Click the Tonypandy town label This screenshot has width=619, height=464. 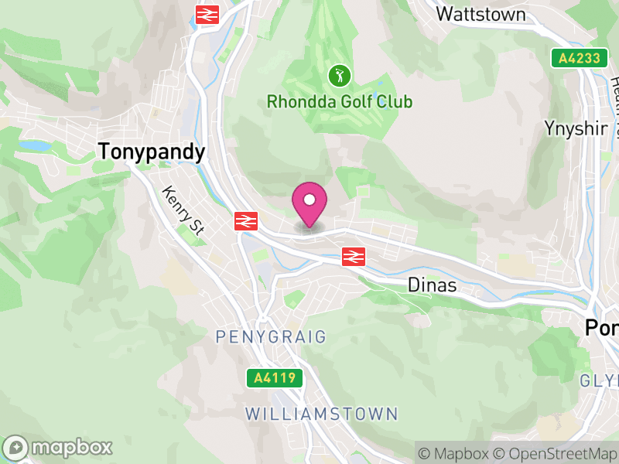pos(152,152)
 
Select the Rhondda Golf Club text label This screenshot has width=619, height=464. pos(340,101)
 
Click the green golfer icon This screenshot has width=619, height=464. pos(339,76)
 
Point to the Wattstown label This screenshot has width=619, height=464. pos(480,14)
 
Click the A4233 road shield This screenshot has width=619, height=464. pos(576,57)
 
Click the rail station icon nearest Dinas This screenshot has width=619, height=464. pos(353,256)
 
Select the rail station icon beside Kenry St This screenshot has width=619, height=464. pos(245,221)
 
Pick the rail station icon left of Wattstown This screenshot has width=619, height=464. pos(207,14)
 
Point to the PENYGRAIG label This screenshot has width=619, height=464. pos(282,337)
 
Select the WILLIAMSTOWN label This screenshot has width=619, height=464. pos(321,414)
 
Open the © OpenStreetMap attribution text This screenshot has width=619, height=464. pos(558,453)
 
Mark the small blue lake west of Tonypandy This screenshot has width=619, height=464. pos(33,145)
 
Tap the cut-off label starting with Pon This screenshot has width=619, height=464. pos(601,329)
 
